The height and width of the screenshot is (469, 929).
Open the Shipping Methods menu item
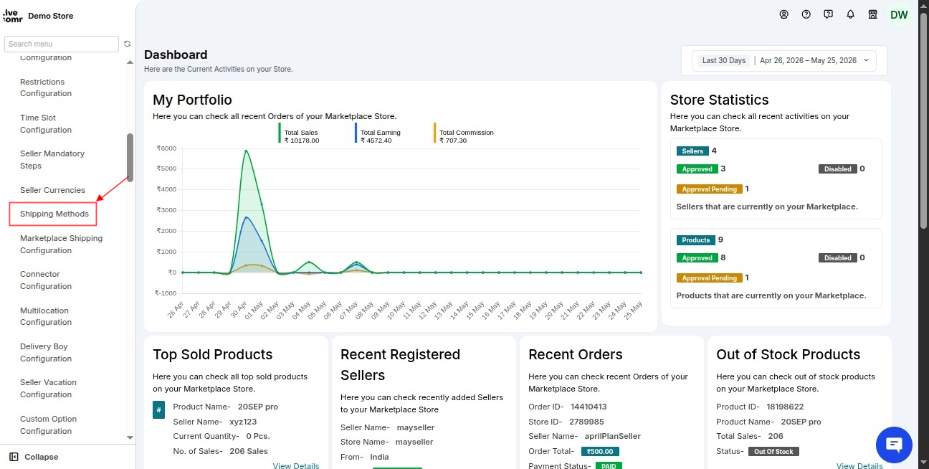pos(54,214)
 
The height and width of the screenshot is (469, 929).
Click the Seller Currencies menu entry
pos(52,190)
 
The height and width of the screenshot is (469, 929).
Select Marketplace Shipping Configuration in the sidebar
pos(62,244)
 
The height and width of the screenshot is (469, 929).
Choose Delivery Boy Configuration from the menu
pos(46,352)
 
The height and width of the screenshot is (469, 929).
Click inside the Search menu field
pos(62,44)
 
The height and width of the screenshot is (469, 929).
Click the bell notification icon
pos(850,14)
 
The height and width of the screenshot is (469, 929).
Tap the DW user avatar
pos(899,15)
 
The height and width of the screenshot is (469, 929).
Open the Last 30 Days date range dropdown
pos(784,60)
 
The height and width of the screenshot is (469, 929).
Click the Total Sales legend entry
pos(299,136)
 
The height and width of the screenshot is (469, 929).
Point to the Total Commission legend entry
pos(464,136)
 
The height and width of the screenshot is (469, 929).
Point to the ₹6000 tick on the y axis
pos(166,148)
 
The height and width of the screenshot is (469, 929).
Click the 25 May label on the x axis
pos(633,310)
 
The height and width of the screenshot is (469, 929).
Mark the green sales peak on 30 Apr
pos(246,151)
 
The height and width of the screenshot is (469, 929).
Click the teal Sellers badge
pos(692,151)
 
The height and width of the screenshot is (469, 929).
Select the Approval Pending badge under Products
pos(709,278)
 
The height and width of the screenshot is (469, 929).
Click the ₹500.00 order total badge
pos(600,452)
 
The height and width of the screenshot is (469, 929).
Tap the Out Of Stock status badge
pos(773,452)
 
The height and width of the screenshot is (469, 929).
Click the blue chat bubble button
pos(894,445)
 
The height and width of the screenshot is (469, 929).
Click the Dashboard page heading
pos(176,55)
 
